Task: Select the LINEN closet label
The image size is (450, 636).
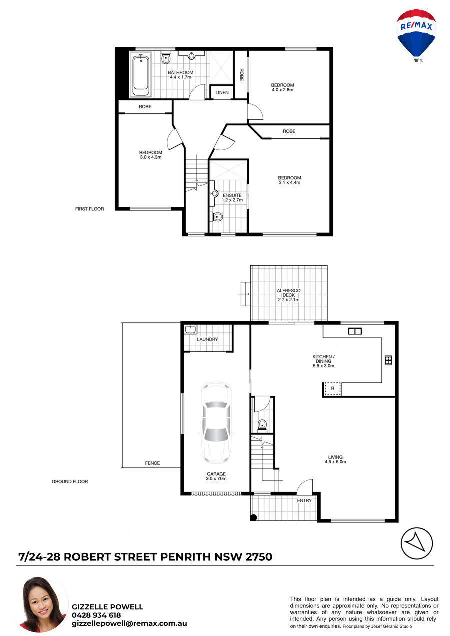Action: click(222, 92)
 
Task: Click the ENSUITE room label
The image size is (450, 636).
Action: click(232, 195)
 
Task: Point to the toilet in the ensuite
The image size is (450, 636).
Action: click(217, 217)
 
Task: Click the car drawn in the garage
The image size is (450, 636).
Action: click(216, 423)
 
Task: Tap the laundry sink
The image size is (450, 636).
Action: click(190, 329)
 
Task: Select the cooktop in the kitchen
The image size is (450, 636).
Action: click(388, 360)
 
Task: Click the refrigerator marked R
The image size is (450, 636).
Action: click(332, 388)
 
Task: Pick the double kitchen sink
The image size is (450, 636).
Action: click(355, 331)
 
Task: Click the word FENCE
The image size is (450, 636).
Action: click(152, 463)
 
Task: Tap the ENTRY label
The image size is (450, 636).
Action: click(304, 500)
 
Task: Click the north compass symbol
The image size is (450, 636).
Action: click(417, 544)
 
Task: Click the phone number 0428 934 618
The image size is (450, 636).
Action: click(96, 615)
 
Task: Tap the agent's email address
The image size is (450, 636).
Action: click(129, 623)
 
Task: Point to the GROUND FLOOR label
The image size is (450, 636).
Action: click(70, 481)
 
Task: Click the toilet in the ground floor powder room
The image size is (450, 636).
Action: click(262, 425)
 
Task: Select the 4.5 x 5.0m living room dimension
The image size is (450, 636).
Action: click(335, 461)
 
